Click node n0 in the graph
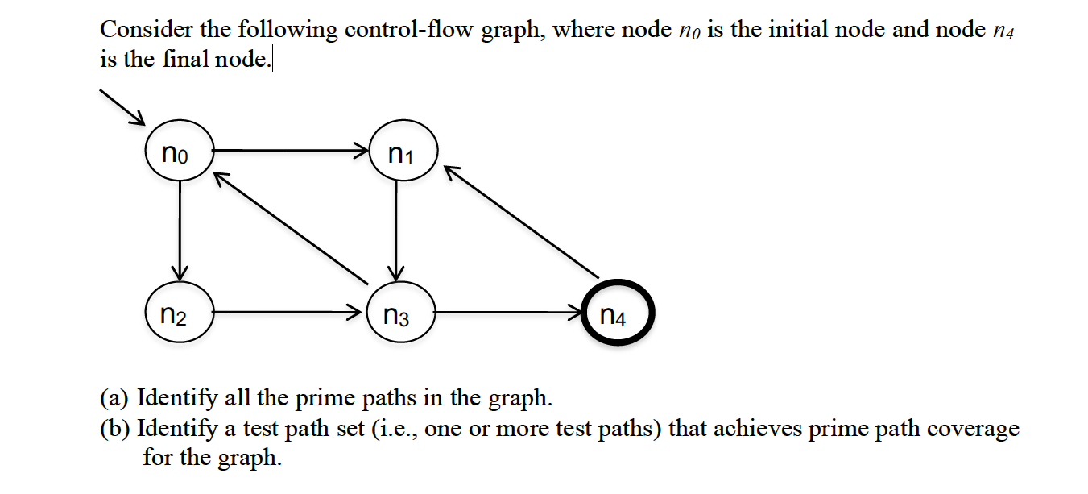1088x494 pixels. [x=179, y=152]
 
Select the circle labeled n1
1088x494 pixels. [x=402, y=152]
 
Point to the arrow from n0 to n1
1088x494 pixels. [x=290, y=150]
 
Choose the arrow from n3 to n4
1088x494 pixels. [x=507, y=311]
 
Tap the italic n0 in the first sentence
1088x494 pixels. [x=685, y=32]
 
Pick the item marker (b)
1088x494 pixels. [x=116, y=429]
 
